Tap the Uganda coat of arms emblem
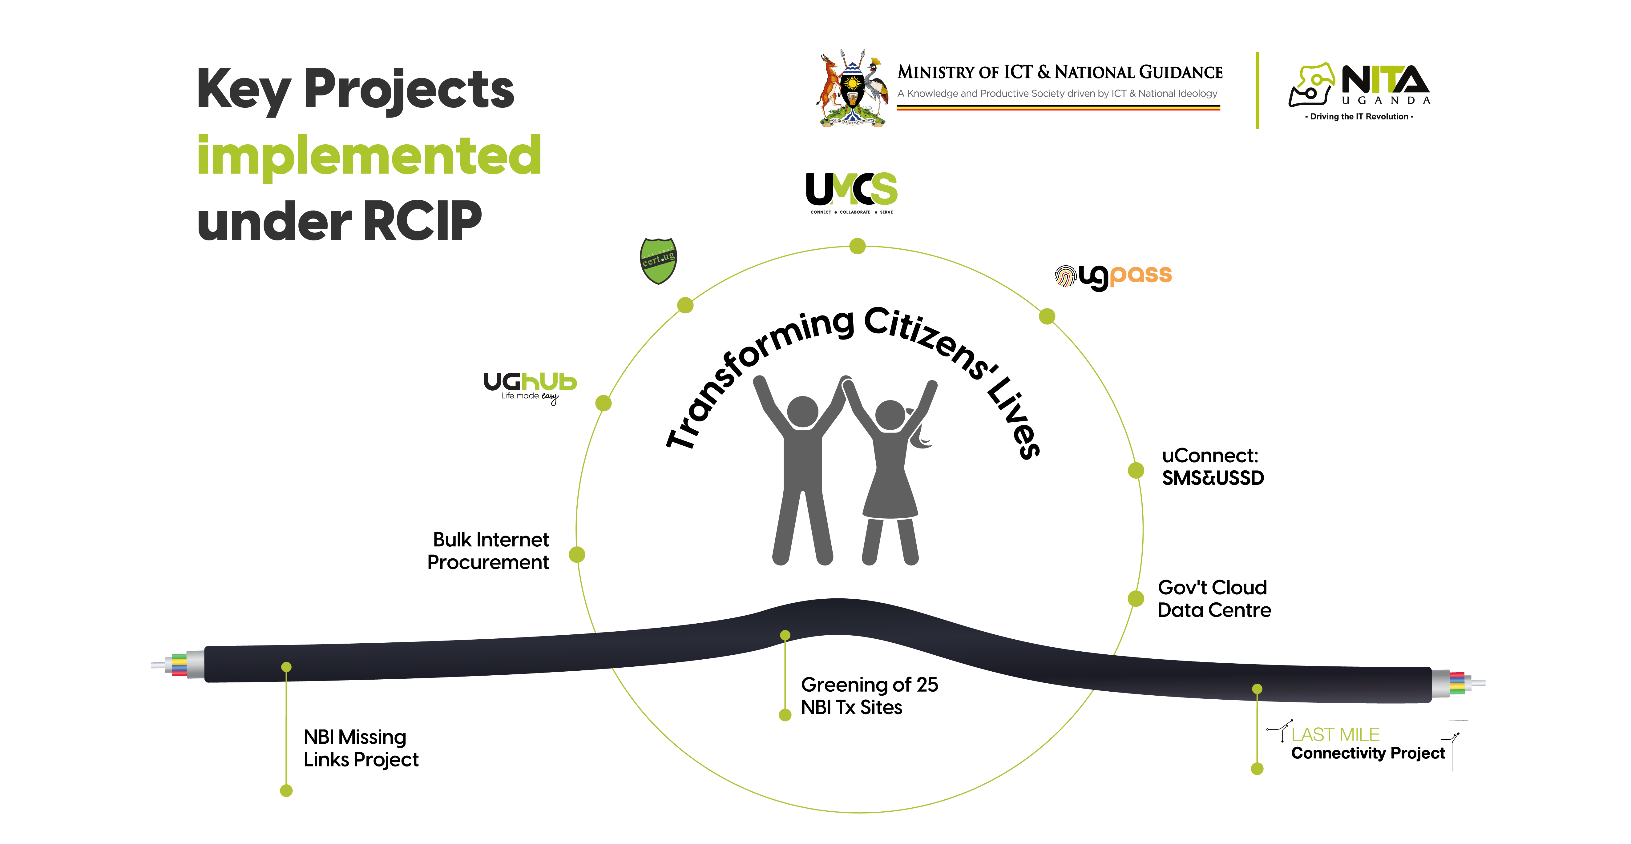point(852,89)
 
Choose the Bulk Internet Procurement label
point(489,551)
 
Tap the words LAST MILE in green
point(1335,734)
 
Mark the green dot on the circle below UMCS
point(857,246)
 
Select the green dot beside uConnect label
point(1136,470)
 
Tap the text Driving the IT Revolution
point(1359,116)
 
